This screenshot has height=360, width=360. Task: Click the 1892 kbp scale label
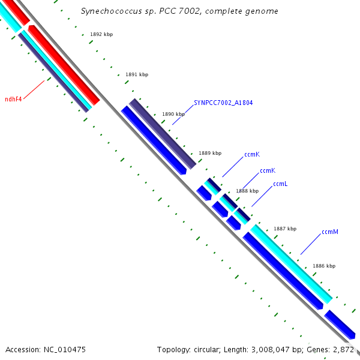(101, 34)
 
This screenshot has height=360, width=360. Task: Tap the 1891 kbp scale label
(136, 74)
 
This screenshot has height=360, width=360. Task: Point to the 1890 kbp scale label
(173, 113)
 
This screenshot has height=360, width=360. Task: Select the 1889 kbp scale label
(210, 153)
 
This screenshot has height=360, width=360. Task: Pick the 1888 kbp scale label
(247, 191)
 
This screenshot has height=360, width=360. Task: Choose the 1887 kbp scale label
(285, 229)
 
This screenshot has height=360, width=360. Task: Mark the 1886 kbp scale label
(324, 266)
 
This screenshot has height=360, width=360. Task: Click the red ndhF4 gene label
(13, 99)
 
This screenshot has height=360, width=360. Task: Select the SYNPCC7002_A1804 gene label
(223, 103)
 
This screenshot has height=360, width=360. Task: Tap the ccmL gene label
(280, 184)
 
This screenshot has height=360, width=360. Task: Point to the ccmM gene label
(330, 232)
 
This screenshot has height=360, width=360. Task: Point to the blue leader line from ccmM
(310, 244)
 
